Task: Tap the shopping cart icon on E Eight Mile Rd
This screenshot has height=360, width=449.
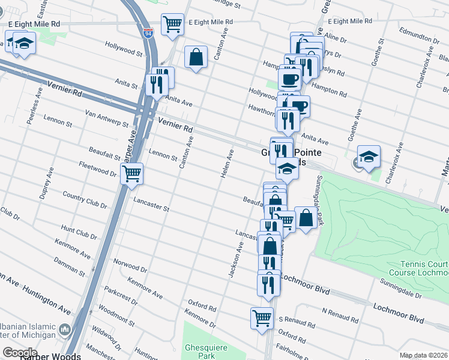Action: point(173,25)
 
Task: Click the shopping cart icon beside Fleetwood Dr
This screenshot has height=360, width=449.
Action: point(131,174)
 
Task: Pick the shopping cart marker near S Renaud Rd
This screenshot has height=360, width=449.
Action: point(262,317)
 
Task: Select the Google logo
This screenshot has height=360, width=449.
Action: point(20,352)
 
